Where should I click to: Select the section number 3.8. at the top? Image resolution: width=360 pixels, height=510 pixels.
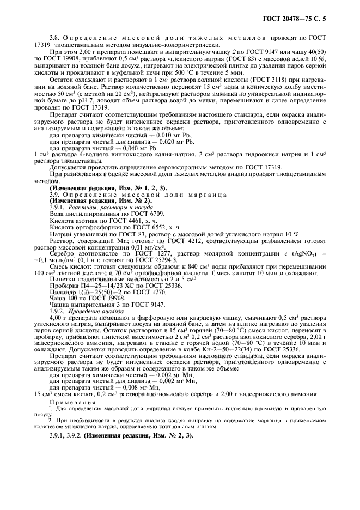click(x=55, y=37)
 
